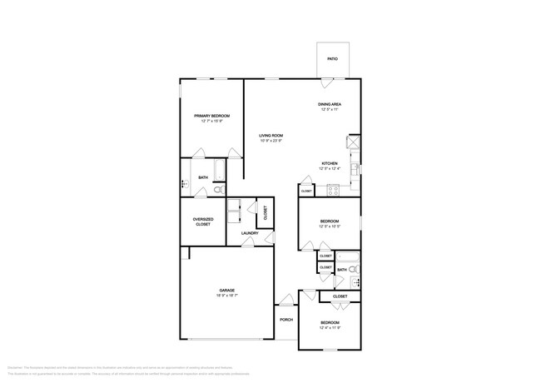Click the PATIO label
click(x=332, y=60)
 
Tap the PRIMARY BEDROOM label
click(x=211, y=116)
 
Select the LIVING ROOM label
click(x=270, y=135)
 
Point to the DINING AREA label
click(x=330, y=104)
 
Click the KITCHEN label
click(x=330, y=163)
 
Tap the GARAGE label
click(x=226, y=291)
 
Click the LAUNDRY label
click(x=250, y=233)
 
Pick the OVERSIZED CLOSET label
click(x=202, y=222)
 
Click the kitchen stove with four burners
click(x=332, y=190)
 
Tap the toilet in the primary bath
click(x=218, y=191)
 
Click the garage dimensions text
click(x=226, y=296)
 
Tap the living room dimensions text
click(x=270, y=140)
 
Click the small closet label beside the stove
click(x=306, y=191)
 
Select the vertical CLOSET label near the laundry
click(x=265, y=213)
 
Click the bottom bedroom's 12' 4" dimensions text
click(x=330, y=327)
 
